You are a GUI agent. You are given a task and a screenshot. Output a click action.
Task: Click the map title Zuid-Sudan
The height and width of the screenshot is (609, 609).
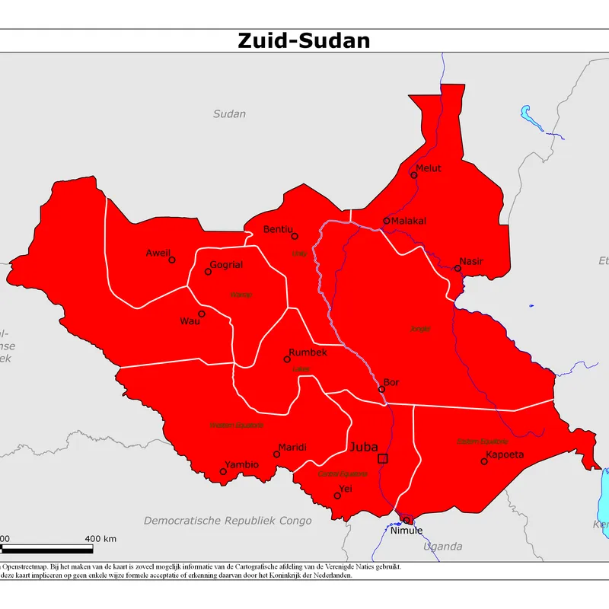click(x=304, y=40)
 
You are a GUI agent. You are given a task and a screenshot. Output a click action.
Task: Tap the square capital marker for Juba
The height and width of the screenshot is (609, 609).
click(x=383, y=458)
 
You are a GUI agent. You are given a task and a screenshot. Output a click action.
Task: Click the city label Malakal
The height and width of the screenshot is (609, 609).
click(x=409, y=221)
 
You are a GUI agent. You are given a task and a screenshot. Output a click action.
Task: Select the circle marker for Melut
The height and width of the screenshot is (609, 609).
click(x=414, y=175)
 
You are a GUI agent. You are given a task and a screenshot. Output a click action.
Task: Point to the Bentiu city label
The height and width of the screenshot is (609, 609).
click(x=278, y=229)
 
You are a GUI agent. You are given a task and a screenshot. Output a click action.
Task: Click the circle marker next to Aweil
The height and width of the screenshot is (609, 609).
click(x=172, y=260)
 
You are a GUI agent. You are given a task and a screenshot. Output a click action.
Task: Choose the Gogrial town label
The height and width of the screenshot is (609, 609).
click(x=226, y=265)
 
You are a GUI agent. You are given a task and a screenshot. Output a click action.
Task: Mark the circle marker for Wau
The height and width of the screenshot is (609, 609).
click(x=202, y=314)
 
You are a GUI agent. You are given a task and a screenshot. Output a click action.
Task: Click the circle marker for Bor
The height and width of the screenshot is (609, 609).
click(x=382, y=389)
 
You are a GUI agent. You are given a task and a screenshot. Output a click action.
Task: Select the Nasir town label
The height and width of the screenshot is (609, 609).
click(x=471, y=261)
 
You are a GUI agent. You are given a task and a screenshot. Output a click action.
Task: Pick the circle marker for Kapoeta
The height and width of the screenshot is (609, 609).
click(x=484, y=461)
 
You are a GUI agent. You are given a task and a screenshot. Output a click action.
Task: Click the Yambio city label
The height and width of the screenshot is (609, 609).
click(x=242, y=464)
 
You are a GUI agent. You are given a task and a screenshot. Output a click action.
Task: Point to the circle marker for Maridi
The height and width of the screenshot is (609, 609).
click(x=278, y=454)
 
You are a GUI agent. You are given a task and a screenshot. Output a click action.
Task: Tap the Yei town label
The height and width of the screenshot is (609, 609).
click(x=346, y=488)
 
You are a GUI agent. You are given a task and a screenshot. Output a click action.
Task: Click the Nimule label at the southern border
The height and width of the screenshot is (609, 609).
click(x=406, y=531)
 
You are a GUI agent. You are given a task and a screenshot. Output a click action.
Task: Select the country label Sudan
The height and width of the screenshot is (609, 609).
click(x=229, y=114)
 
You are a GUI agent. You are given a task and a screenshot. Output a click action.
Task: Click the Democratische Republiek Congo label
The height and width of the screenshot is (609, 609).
click(x=228, y=521)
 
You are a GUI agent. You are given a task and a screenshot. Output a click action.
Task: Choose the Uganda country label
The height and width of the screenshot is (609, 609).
click(x=442, y=547)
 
